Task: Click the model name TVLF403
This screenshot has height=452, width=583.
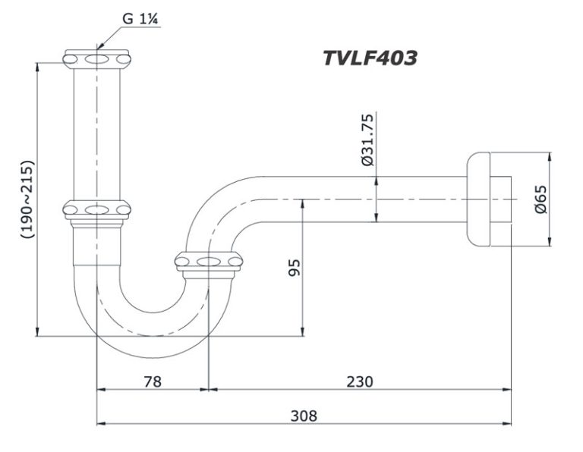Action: (370, 58)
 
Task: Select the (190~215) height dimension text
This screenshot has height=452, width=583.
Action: (28, 199)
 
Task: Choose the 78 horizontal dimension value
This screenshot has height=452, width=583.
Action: (152, 381)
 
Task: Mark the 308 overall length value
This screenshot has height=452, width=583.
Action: (304, 416)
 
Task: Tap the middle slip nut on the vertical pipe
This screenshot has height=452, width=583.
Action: (96, 209)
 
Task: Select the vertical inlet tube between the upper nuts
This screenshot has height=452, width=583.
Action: (96, 133)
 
